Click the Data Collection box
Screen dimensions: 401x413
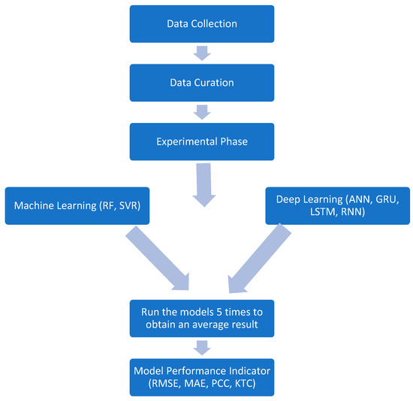click(200, 24)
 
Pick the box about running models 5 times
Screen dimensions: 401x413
click(200, 317)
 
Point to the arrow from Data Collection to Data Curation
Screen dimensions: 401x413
click(201, 51)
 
